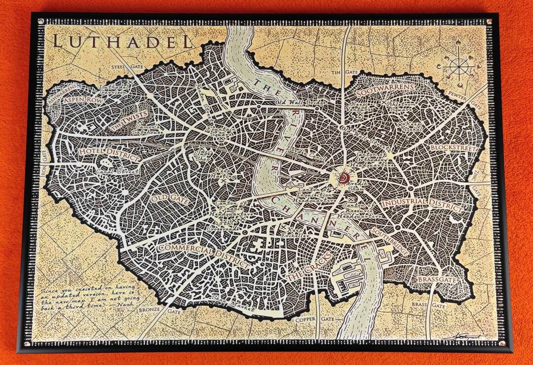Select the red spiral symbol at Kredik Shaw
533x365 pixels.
(x=344, y=176)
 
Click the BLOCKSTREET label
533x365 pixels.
(x=452, y=148)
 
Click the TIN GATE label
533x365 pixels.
(x=344, y=72)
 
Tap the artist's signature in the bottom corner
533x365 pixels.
(x=464, y=336)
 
